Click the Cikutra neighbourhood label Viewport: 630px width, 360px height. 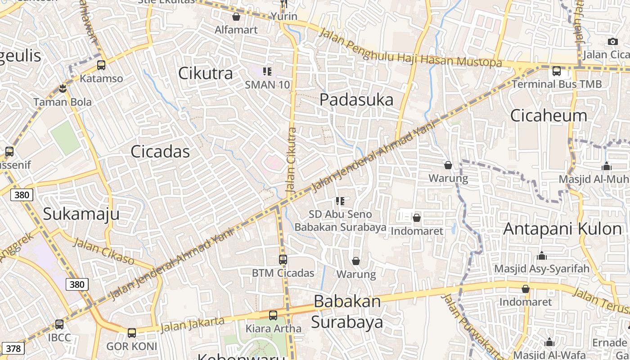coord(206,73)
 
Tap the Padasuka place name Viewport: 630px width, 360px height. coord(356,99)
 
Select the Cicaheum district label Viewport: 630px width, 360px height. coord(549,116)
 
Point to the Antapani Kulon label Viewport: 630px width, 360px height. coord(562,229)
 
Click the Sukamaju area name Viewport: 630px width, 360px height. coord(81,214)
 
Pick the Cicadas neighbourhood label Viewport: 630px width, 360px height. coord(160,152)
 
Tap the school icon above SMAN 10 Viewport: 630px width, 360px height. coord(267,71)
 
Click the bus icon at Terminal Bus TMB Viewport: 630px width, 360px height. coord(557,71)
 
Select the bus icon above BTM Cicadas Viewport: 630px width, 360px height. coord(283,260)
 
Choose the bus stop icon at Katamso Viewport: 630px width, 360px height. coord(101,65)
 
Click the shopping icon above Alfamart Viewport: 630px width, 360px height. coord(236,17)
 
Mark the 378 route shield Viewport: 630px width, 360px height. coord(13,348)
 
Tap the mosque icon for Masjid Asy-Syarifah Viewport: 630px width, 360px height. coord(542,256)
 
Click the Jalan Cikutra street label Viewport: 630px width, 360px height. coord(292,161)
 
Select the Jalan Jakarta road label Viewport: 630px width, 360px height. coord(192,324)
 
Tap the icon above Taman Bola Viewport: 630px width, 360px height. coord(63,89)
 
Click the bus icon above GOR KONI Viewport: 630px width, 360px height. coord(131,333)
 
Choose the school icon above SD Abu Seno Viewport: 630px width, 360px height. coord(340,201)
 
